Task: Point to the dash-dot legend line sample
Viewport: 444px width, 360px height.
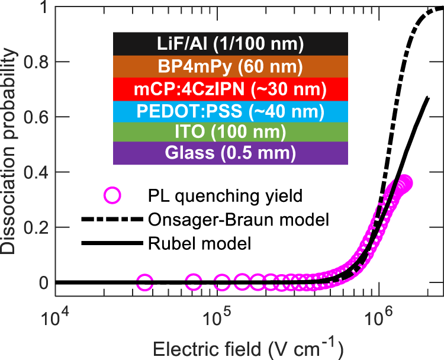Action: (111, 220)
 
